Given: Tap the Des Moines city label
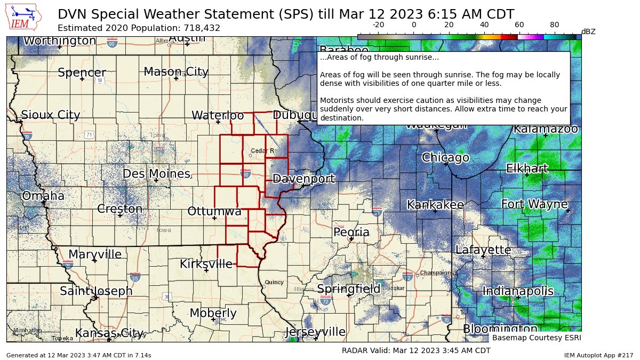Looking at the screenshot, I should pyautogui.click(x=156, y=174).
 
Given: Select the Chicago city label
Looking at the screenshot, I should pyautogui.click(x=445, y=158).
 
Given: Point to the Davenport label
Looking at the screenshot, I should pyautogui.click(x=303, y=179).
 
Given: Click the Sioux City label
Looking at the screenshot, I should pyautogui.click(x=50, y=115).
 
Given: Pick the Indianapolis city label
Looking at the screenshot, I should pyautogui.click(x=517, y=291).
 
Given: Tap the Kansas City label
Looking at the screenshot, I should pyautogui.click(x=110, y=333).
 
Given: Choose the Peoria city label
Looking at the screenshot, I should pyautogui.click(x=351, y=233).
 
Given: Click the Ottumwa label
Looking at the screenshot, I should pyautogui.click(x=214, y=212).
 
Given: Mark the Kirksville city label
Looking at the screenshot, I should pyautogui.click(x=206, y=264).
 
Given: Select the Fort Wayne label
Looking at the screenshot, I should pyautogui.click(x=534, y=204).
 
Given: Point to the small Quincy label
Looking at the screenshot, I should pyautogui.click(x=274, y=282).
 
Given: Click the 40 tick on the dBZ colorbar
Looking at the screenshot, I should pyautogui.click(x=484, y=25).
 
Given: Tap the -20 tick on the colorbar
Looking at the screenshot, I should pyautogui.click(x=378, y=25).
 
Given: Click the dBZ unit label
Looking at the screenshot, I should pyautogui.click(x=588, y=32).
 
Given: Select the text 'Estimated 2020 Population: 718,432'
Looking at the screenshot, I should pyautogui.click(x=139, y=28).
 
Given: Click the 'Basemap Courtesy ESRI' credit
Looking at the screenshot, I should pyautogui.click(x=536, y=338).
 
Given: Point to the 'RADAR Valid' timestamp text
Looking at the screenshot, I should pyautogui.click(x=415, y=350).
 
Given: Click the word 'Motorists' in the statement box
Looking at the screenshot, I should pyautogui.click(x=337, y=100).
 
